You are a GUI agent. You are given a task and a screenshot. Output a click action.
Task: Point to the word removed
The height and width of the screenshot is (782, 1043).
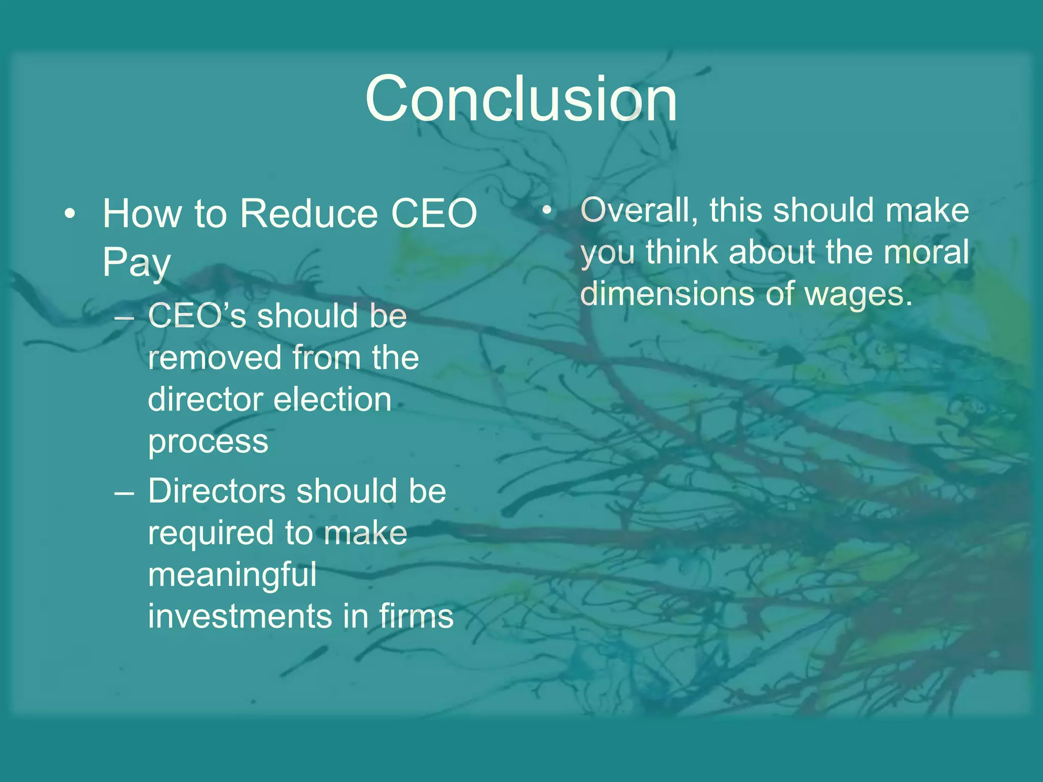pyautogui.click(x=214, y=357)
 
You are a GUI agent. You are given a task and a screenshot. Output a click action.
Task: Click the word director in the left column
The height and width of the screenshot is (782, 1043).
pyautogui.click(x=203, y=399)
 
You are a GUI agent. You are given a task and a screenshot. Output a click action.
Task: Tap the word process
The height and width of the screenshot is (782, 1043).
pyautogui.click(x=208, y=441)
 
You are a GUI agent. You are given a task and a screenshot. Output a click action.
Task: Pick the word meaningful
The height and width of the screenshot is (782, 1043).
pyautogui.click(x=232, y=575)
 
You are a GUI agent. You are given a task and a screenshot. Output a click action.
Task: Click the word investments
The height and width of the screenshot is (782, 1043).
pyautogui.click(x=240, y=617)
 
